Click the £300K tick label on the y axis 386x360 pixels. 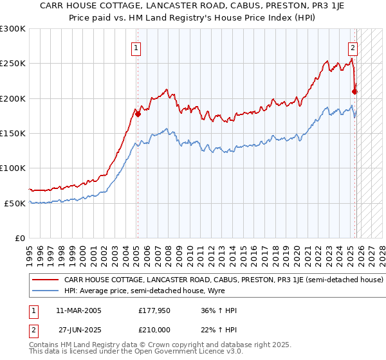point(12,29)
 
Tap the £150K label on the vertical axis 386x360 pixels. point(12,134)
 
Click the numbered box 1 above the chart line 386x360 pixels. point(137,47)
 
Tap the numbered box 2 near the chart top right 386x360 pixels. point(353,47)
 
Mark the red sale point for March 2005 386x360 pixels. point(138,114)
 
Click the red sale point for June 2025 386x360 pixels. point(355,92)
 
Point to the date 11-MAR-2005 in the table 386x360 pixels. point(80,310)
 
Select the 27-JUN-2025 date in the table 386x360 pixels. point(80,328)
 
